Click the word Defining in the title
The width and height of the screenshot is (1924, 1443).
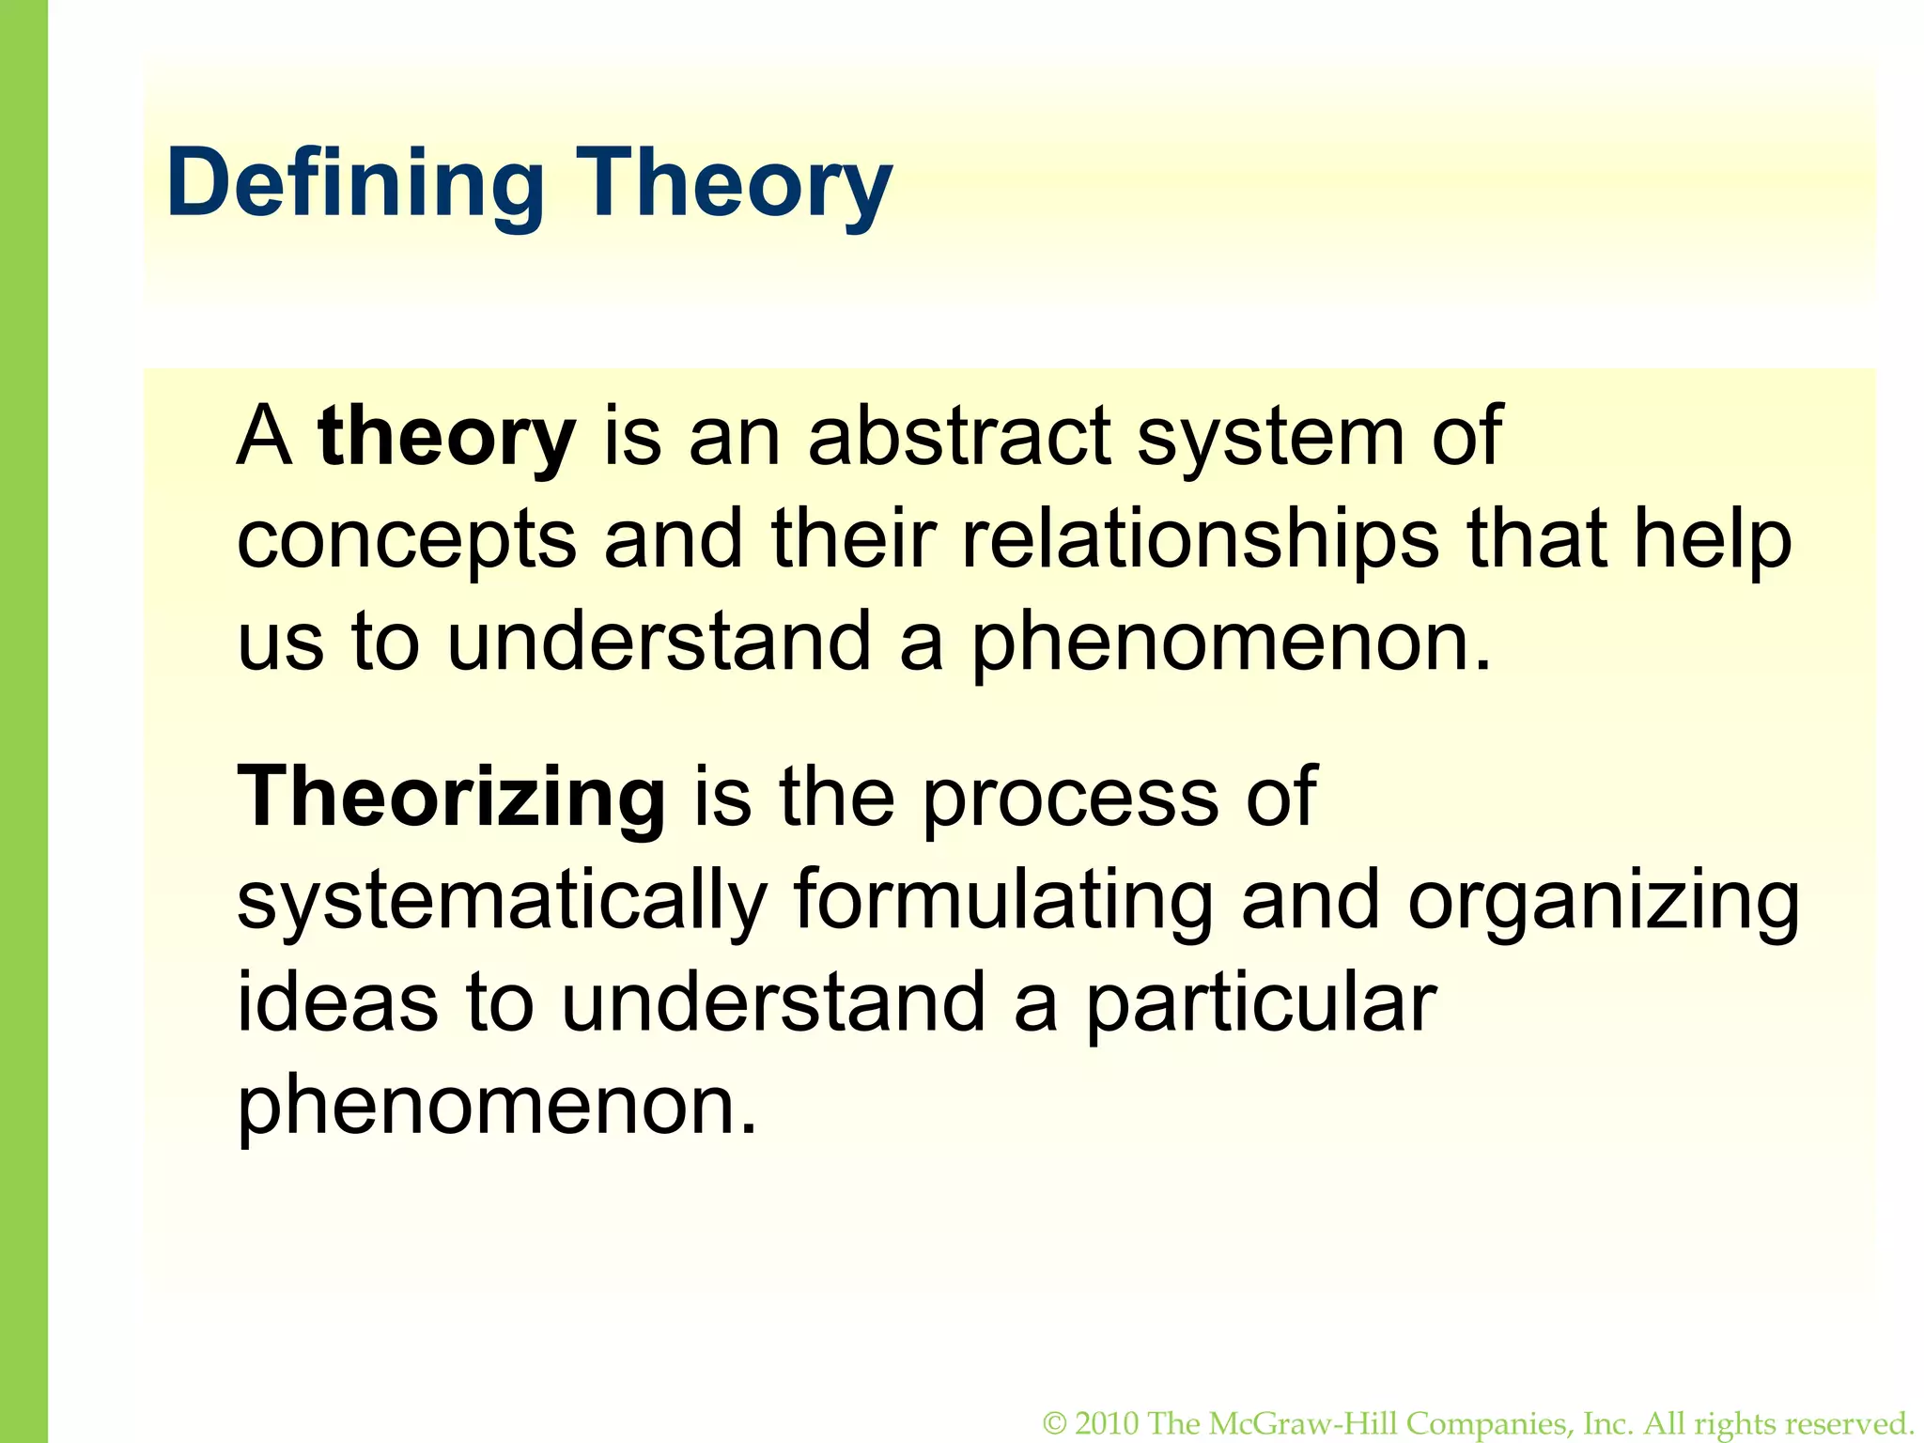point(355,184)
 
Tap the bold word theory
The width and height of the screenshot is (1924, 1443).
point(446,438)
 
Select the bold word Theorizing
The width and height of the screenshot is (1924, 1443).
point(451,797)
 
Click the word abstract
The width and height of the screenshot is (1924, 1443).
point(959,436)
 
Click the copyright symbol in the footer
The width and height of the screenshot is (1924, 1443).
point(1055,1424)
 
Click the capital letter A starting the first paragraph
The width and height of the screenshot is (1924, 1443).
point(263,436)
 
